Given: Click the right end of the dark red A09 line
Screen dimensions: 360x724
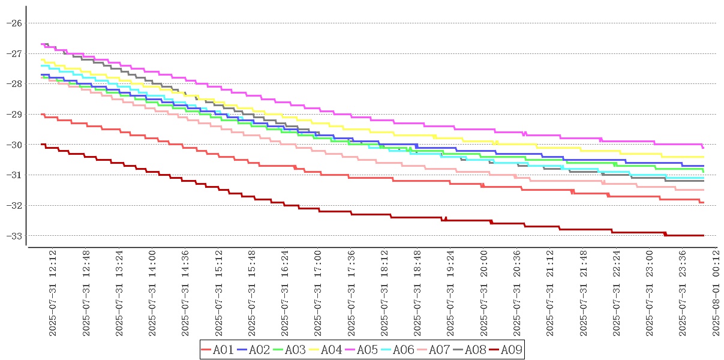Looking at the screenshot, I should click(703, 235).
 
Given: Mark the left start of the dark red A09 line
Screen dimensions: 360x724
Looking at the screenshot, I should click(41, 144).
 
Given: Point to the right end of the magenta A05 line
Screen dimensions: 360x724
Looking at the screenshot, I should click(703, 148).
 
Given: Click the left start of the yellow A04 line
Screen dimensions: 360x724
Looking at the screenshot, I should click(41, 59).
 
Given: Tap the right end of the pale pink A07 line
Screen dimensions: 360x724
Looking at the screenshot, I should click(703, 190).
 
